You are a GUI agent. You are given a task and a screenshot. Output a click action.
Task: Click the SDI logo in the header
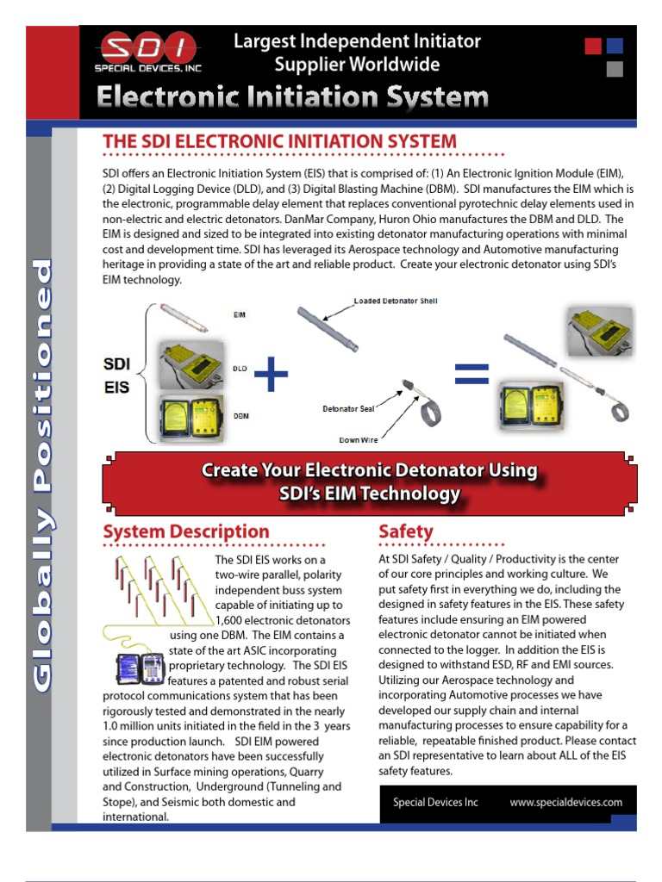tap(146, 53)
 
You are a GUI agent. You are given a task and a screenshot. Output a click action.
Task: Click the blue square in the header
tap(615, 47)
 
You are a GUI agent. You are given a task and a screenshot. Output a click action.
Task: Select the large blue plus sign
tap(272, 376)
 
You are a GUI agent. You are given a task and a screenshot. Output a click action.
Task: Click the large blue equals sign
tap(472, 372)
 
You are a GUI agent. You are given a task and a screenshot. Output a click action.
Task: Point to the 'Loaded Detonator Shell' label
tap(396, 301)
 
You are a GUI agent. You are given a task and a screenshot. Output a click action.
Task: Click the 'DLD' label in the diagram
tap(240, 368)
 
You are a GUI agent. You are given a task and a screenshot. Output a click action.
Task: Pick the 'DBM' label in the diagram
tap(240, 415)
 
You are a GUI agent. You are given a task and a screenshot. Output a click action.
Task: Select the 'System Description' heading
tap(185, 532)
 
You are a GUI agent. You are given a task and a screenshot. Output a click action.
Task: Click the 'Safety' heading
tap(406, 532)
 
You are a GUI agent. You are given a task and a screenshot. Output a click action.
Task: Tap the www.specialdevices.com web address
tap(565, 802)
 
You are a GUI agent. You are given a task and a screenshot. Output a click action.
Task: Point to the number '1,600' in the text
tap(230, 620)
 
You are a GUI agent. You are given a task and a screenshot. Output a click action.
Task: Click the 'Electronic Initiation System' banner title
tap(292, 98)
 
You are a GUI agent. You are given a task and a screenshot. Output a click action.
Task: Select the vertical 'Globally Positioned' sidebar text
tap(41, 475)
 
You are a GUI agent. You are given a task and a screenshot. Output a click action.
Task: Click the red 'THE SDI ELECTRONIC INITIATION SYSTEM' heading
tap(279, 142)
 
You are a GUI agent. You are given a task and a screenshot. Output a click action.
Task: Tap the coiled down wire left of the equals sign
tap(430, 413)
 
